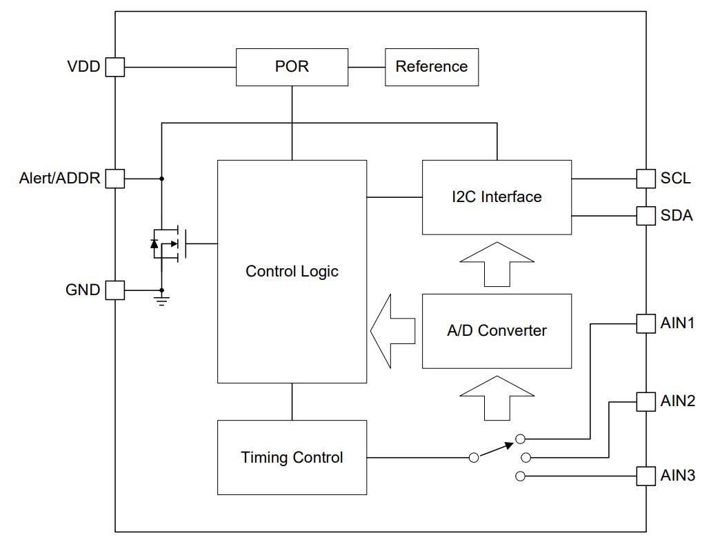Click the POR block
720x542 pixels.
coord(292,67)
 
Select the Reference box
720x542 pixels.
coord(432,67)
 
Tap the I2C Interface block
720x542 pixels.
coord(497,197)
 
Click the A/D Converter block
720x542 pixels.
coord(497,331)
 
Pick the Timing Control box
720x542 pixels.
coord(292,458)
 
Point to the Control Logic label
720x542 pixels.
coord(292,271)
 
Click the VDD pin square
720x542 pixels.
coord(114,67)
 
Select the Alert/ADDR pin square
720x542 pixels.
coord(114,179)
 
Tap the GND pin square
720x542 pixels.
coord(114,290)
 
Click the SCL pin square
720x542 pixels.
coord(646,179)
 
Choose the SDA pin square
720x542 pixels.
coord(646,216)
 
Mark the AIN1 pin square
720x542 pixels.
coord(646,323)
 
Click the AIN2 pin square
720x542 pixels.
coord(646,401)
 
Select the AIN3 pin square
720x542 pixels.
coord(646,476)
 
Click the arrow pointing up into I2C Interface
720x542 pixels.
coord(497,265)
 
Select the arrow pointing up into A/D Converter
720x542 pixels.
coord(497,399)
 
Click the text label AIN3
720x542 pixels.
coord(678,475)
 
